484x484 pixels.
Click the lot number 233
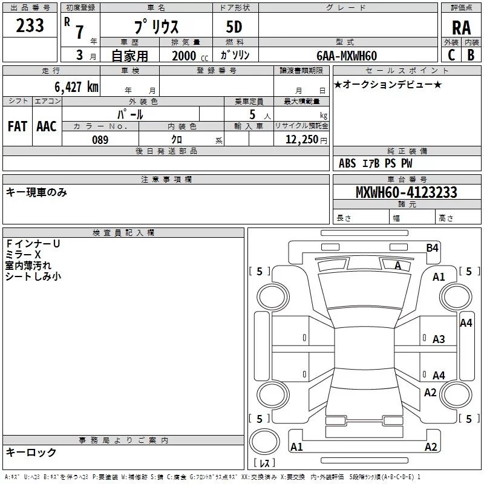coord(30,25)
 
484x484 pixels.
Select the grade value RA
coord(462,28)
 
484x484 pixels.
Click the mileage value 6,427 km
coord(76,87)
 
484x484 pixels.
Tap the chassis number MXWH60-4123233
coord(406,192)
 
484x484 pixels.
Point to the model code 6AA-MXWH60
coord(347,56)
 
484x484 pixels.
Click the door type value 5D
coord(234,27)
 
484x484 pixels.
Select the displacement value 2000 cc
coord(190,56)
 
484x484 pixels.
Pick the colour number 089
coord(100,140)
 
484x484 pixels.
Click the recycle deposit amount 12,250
coord(302,140)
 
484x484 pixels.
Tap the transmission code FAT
coord(18,126)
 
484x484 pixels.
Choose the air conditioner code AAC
coord(47,126)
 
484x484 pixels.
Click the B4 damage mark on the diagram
coord(432,248)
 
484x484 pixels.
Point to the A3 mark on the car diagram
coord(439,339)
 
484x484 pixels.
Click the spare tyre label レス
coord(264,463)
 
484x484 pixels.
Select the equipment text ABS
coord(347,163)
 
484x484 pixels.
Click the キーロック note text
coord(31,452)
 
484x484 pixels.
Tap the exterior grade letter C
coord(451,55)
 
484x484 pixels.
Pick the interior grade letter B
coord(471,55)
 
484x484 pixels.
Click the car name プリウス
coord(156,27)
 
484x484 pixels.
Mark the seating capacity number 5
coord(252,114)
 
